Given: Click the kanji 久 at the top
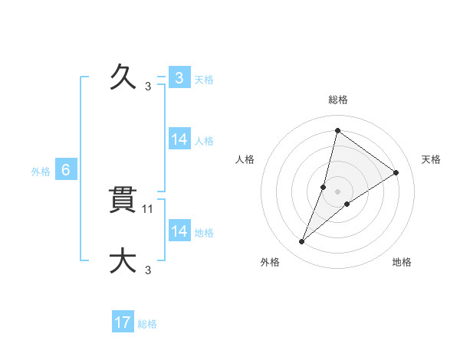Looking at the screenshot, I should coord(123,77).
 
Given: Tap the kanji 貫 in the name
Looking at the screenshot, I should coord(123,201).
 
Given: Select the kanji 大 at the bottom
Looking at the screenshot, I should coord(123,261).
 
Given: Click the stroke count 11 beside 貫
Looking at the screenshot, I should coord(149,208).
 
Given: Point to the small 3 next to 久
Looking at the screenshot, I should coord(148,87).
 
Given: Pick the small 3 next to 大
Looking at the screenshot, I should coord(148,270).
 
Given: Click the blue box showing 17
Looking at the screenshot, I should coord(123,322).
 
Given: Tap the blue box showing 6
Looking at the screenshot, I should coord(66,171).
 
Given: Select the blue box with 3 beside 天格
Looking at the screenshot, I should coord(179,78).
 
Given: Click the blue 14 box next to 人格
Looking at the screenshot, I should coord(179,139).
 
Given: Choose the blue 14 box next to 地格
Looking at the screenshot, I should coord(179,231).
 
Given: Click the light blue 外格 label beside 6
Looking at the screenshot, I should coord(41,172).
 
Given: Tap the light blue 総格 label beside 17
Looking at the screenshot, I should coord(147,324).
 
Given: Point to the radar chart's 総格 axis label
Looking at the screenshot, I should coord(337,100).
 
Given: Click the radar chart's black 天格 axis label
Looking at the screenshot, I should coord(431,159).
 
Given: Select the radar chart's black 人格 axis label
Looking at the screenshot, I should coord(245,159).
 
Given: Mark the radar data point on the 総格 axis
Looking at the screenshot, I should coord(337,130).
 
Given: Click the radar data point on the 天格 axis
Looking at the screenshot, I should coord(396,172).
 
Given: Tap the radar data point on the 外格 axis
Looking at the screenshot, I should coord(302,242).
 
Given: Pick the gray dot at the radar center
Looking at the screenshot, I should coord(338,191).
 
